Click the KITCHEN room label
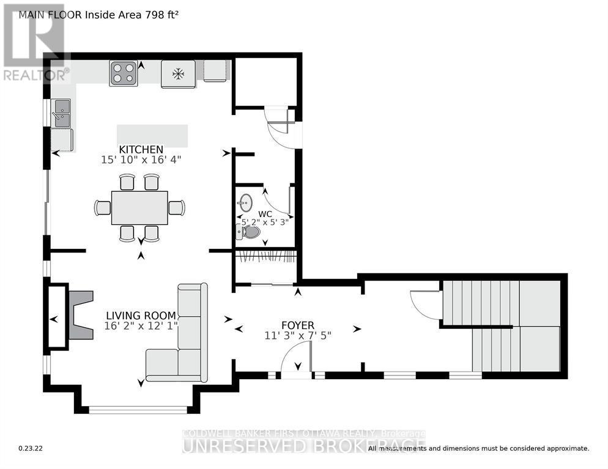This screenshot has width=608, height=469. (x=141, y=149)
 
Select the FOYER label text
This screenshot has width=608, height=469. (x=297, y=324)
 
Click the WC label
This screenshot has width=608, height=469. (x=264, y=213)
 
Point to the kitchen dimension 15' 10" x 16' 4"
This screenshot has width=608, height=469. (x=141, y=160)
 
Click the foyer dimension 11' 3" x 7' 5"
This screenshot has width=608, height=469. (x=297, y=334)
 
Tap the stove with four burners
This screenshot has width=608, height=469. (x=123, y=73)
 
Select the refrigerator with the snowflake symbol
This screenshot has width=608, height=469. (x=178, y=74)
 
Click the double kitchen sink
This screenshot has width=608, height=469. (x=62, y=114)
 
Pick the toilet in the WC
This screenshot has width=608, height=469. (x=250, y=232)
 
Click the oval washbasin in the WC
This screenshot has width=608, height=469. (x=246, y=201)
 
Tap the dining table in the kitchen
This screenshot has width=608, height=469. (x=139, y=208)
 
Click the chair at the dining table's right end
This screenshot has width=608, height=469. (x=176, y=208)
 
